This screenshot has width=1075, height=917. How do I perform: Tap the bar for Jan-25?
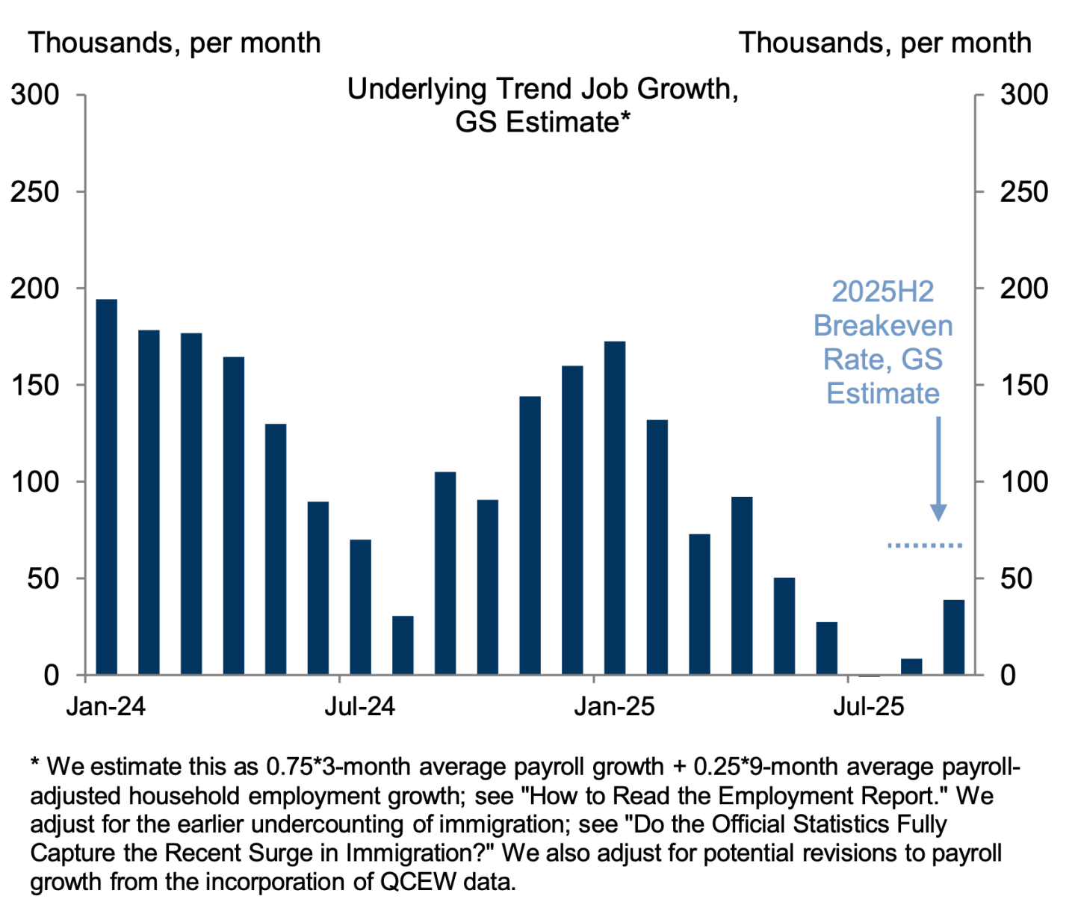[615, 508]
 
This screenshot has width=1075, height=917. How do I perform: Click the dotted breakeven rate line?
[925, 546]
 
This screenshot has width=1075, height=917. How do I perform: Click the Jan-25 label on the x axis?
[614, 706]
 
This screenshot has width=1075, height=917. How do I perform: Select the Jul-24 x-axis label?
[359, 706]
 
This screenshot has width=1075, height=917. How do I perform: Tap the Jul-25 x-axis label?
[869, 706]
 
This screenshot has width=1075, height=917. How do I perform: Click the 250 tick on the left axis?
[34, 192]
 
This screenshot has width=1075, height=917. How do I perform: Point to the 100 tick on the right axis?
[1024, 482]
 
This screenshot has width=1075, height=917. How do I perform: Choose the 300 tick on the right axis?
[1024, 95]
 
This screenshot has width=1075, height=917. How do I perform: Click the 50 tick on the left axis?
[43, 578]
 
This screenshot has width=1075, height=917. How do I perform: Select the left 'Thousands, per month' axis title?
[175, 43]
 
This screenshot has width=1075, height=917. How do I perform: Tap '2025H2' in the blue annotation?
[883, 291]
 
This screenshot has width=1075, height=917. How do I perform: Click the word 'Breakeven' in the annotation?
[883, 326]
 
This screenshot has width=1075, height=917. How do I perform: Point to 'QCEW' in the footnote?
[418, 882]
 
